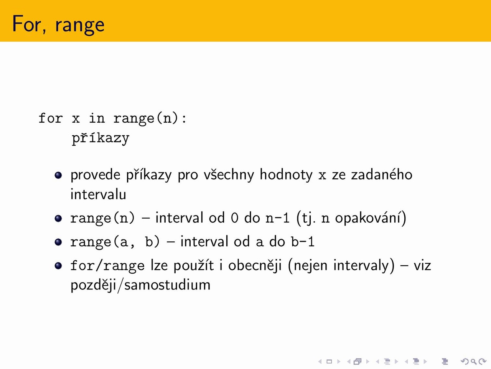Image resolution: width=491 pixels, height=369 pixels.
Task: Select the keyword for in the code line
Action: tap(50, 118)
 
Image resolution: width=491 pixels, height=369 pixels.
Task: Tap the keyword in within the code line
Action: tap(97, 118)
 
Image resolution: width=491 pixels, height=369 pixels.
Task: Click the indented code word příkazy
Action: tap(101, 138)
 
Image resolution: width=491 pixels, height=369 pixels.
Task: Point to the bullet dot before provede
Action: tap(58, 175)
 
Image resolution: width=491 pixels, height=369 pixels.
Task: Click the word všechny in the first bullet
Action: tap(229, 175)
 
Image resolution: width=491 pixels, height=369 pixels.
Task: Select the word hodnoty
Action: tap(286, 175)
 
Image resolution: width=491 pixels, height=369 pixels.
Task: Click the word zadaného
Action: tap(382, 175)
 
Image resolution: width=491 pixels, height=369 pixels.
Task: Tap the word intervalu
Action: tap(98, 194)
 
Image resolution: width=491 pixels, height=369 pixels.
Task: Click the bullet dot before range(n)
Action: tap(58, 218)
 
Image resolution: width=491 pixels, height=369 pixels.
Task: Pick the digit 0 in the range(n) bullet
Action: tap(234, 218)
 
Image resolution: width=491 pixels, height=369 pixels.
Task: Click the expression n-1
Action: tap(277, 218)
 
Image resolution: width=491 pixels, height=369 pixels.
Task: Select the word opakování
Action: tap(368, 218)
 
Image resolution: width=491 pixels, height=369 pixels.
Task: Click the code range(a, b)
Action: tap(115, 242)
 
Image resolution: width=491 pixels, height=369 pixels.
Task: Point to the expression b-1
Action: tap(302, 242)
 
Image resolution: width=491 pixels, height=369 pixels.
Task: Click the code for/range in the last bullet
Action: tap(107, 266)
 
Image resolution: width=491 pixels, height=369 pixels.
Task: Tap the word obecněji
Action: tap(255, 266)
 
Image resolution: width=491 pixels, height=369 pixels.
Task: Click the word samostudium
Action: tap(167, 285)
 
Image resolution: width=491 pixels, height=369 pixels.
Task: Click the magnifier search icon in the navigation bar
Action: tap(473, 361)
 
